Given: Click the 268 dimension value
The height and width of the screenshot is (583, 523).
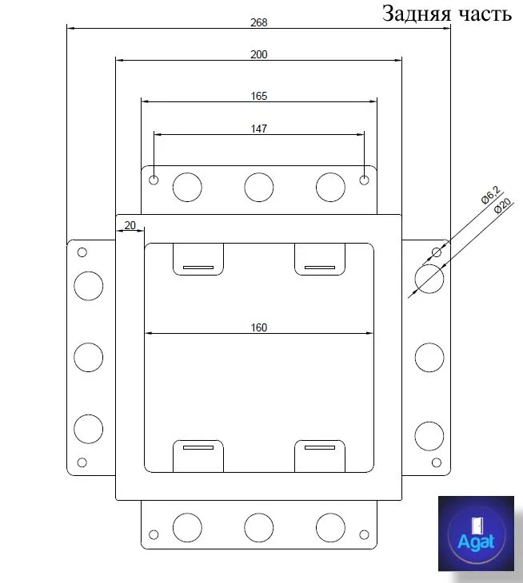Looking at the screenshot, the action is tap(259, 22).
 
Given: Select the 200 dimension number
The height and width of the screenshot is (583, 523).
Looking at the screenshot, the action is tap(259, 54).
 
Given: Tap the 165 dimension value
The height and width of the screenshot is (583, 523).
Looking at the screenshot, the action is tap(259, 96).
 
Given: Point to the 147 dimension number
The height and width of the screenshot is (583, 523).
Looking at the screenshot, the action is tap(259, 129).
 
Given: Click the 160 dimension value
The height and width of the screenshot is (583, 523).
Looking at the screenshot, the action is tap(259, 327).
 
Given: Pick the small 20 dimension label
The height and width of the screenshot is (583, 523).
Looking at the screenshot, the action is tap(130, 225).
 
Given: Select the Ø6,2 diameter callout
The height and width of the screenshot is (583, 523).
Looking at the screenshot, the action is tap(491, 195).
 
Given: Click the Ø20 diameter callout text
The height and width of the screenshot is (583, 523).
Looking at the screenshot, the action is tap(503, 205).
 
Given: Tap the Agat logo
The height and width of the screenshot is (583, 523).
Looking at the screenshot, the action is tap(476, 533).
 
